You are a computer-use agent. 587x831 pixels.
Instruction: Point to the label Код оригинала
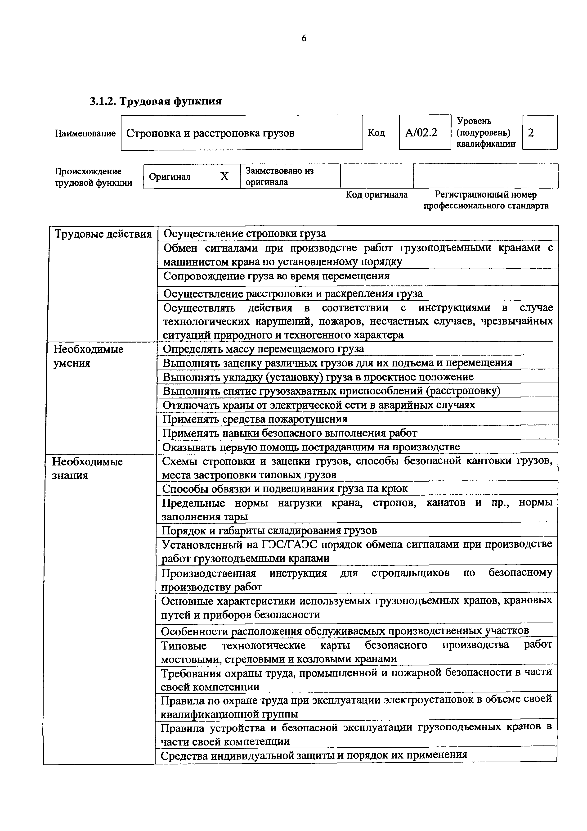coord(376,195)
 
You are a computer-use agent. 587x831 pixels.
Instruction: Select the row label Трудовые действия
coord(103,234)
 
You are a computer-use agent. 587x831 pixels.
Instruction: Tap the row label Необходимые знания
coord(87,468)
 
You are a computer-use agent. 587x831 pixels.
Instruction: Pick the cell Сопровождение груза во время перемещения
coord(277,276)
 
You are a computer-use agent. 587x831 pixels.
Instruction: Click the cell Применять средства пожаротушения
coord(255,419)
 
